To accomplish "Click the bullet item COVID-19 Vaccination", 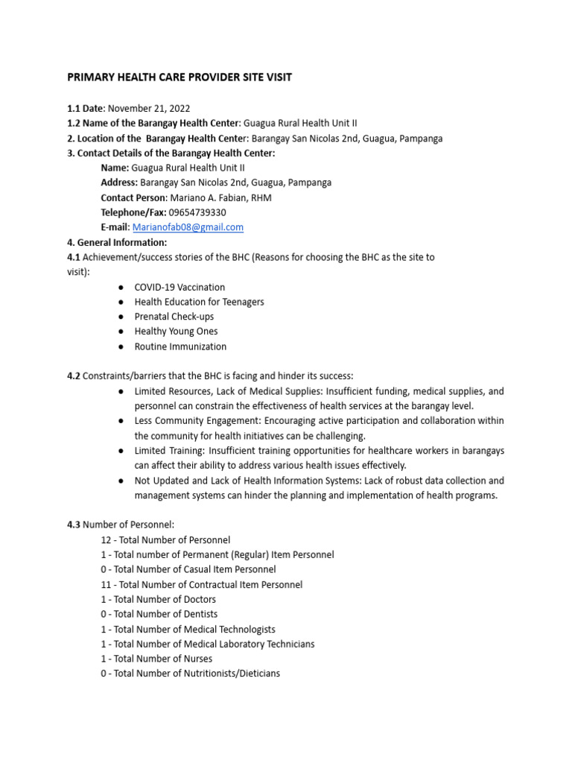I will coord(179,287).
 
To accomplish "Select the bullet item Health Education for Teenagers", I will coord(199,302).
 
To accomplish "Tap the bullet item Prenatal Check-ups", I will coord(174,317).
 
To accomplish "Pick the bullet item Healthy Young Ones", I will coord(176,332).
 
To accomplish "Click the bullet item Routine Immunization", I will coord(180,346).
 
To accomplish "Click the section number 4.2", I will coord(74,376).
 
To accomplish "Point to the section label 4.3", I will coord(74,525).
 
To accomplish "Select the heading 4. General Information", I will coord(117,242).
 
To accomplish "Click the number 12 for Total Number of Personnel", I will coord(106,539).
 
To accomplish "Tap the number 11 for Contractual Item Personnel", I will coord(106,585).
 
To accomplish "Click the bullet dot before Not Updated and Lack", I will coord(121,481).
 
